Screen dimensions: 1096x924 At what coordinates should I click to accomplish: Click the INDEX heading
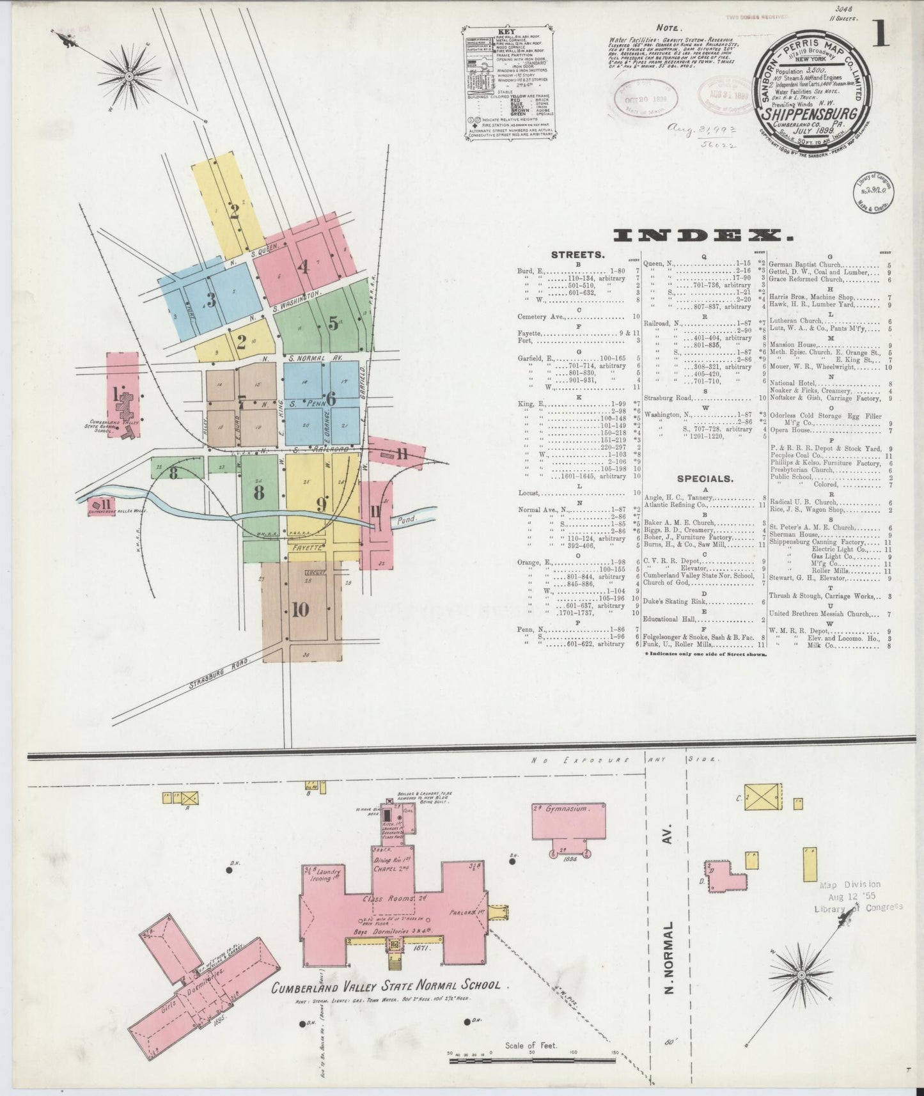[703, 236]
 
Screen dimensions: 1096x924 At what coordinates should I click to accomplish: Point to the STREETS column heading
[577, 254]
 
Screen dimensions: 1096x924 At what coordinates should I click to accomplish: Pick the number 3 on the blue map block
[210, 299]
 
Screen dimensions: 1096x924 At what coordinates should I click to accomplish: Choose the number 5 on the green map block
[333, 324]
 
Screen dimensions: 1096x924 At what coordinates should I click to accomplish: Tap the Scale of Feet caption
[531, 1045]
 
